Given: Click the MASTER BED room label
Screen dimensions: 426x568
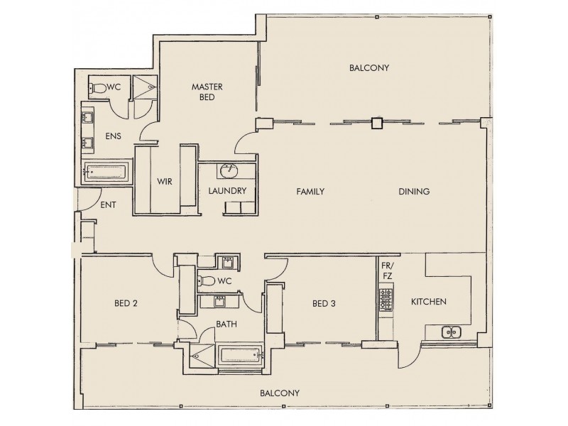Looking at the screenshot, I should click(207, 92).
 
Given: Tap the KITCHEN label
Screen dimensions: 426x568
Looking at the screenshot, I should click(428, 302).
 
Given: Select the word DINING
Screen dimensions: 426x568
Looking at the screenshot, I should click(414, 192).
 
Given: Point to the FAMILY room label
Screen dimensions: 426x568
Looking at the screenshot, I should click(310, 192).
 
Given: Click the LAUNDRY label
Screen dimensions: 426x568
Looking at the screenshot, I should click(227, 191).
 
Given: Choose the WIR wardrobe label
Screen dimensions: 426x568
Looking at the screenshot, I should click(165, 181).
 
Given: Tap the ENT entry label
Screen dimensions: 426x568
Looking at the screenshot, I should click(108, 205).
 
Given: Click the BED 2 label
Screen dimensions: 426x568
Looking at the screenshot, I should click(125, 304).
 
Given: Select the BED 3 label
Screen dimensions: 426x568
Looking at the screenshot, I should click(323, 304).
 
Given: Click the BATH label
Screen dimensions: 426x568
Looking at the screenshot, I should click(226, 324).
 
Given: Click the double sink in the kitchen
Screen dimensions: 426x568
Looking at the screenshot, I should click(449, 332).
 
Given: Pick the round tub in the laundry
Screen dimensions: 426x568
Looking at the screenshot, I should click(229, 172).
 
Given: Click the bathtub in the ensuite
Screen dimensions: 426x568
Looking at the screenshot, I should click(106, 170).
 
